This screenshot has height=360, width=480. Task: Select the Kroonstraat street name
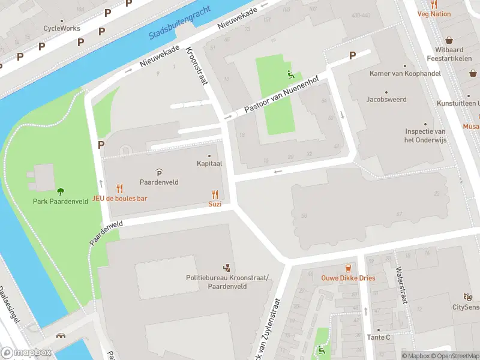196,65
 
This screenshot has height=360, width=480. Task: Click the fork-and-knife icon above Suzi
215,194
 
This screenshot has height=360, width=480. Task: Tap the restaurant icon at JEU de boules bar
119,188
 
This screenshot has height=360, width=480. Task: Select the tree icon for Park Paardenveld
61,191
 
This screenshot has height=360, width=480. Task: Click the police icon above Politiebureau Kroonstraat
227,267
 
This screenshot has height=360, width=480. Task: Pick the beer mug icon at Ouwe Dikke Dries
348,268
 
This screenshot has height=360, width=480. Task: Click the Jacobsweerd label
386,100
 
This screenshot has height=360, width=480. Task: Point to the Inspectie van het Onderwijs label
425,136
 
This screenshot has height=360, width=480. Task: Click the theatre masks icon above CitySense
467,297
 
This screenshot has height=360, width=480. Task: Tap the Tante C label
379,337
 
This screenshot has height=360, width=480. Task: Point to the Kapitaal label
210,163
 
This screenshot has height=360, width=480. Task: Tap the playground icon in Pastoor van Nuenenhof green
290,74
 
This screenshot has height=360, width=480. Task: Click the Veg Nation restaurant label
434,13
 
